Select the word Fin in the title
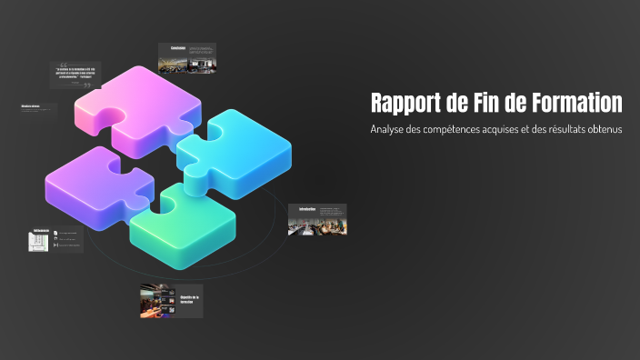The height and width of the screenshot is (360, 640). pyautogui.click(x=496, y=102)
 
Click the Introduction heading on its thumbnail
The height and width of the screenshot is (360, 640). pyautogui.click(x=306, y=209)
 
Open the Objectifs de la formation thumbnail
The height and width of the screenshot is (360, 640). pyautogui.click(x=171, y=301)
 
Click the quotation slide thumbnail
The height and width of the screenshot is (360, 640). pyautogui.click(x=75, y=75)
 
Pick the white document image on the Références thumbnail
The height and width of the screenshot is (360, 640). pyautogui.click(x=39, y=240)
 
